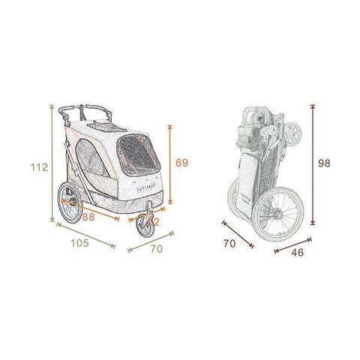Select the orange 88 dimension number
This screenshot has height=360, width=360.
[89, 217]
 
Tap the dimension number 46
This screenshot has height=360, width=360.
[298, 252]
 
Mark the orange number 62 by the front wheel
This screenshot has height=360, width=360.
[154, 222]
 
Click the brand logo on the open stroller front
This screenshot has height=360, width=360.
[140, 193]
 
